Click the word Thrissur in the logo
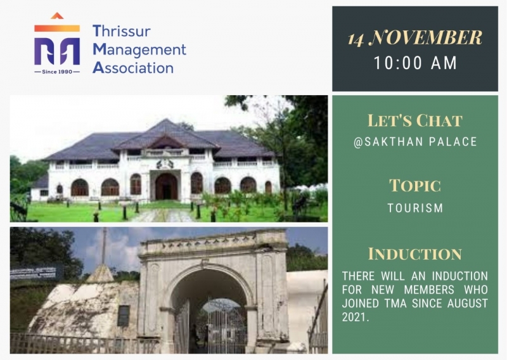coord(122,32)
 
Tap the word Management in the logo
coord(139,51)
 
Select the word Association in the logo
coord(133,68)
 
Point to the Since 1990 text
coord(57,72)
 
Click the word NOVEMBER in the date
coord(425,37)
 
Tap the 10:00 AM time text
coord(415,63)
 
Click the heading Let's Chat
coord(415,120)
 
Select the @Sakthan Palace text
coord(415,142)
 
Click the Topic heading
coord(415,186)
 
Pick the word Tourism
coord(415,208)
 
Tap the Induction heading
coord(415,254)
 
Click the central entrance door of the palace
coord(166,186)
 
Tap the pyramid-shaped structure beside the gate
coord(100,274)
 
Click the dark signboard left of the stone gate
coord(36,273)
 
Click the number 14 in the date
coord(356,40)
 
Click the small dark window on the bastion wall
coord(123,316)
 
